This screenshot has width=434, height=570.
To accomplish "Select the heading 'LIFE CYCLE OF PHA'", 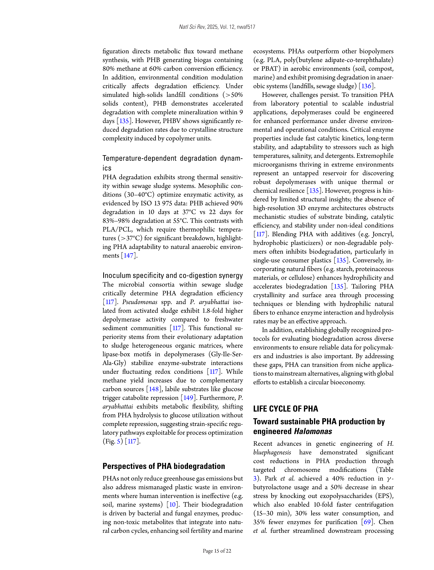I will click(285, 409).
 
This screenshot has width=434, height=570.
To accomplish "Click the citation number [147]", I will click(128, 256).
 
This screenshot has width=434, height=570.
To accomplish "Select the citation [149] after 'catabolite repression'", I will click(188, 398).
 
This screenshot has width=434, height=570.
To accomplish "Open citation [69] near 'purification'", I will click(367, 522).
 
